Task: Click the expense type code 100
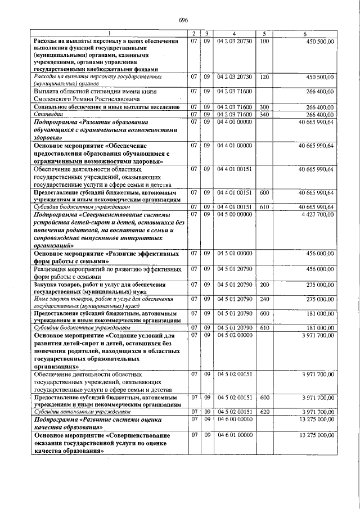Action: (x=265, y=42)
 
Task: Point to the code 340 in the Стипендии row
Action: (x=265, y=114)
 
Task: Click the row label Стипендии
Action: (x=48, y=114)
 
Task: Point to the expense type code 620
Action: (x=265, y=412)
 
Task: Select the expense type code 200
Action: (x=265, y=285)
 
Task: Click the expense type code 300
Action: (x=265, y=106)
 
